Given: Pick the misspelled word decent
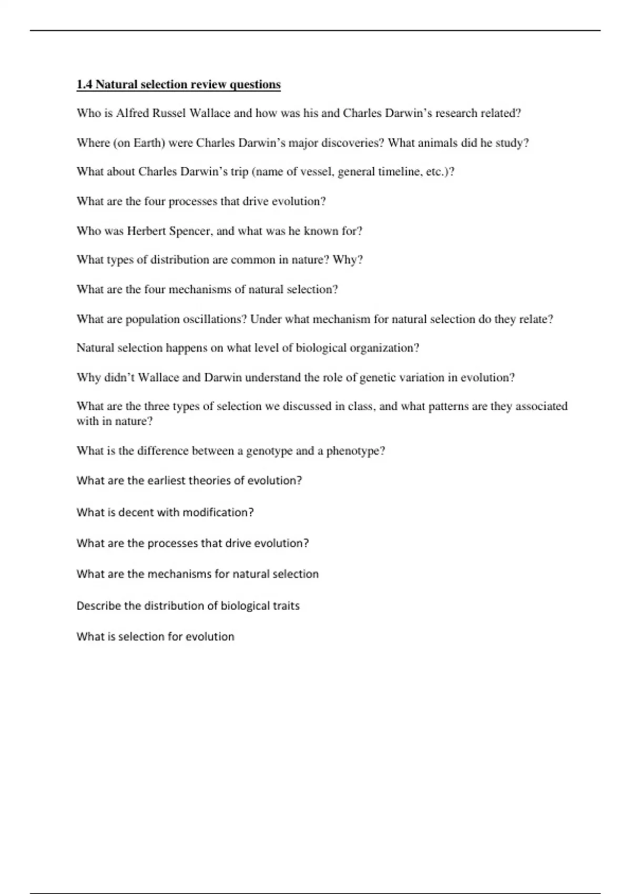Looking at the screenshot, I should tap(136, 513).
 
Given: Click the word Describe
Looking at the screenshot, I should tap(98, 606).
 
